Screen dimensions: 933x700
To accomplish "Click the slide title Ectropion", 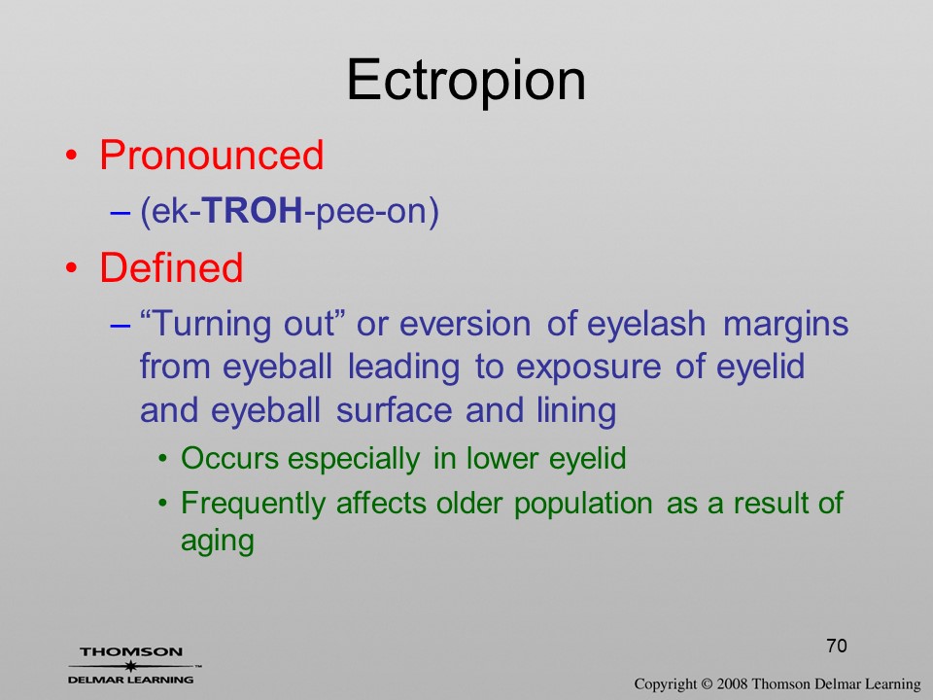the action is click(466, 81).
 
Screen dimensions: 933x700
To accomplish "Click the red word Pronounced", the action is click(211, 156).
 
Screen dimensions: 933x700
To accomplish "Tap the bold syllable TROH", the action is click(253, 210).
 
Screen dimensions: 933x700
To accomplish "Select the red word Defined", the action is click(171, 267).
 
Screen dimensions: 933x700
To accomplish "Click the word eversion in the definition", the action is click(466, 325).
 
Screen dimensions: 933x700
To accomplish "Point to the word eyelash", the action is click(646, 325).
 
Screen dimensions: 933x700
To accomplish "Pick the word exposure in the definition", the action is click(588, 368).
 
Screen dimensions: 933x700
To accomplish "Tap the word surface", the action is click(394, 410).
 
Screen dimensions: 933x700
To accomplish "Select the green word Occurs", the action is click(229, 458).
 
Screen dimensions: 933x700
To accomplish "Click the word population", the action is click(583, 505).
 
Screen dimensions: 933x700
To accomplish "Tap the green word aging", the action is click(217, 542).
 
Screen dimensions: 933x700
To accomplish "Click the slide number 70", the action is click(837, 646).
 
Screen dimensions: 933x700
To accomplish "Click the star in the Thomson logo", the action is click(131, 665).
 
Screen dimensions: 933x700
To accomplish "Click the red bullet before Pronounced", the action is click(71, 156).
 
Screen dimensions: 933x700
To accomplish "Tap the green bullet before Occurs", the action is click(163, 459).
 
